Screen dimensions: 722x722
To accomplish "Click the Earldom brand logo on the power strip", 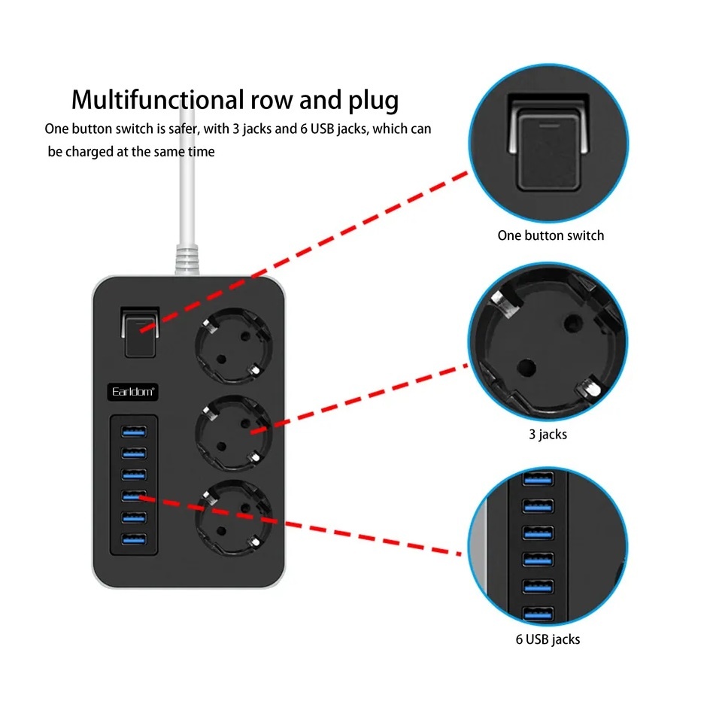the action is click(x=132, y=392).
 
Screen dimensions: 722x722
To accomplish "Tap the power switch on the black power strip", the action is click(x=140, y=332).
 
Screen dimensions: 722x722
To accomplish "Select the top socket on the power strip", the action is click(x=233, y=345).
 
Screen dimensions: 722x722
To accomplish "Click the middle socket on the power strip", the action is click(x=233, y=433).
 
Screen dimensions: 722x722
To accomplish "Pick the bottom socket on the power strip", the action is click(x=233, y=518).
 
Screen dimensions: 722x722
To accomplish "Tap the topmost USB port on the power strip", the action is click(x=134, y=431).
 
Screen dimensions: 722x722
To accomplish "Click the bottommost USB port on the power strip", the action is click(x=134, y=538).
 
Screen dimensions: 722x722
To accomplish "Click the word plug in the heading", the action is click(x=373, y=101).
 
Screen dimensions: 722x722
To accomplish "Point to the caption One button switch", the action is click(x=551, y=235).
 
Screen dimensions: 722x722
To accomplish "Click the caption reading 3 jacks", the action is click(x=548, y=434).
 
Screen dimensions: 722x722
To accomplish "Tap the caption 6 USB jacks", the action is click(x=548, y=639).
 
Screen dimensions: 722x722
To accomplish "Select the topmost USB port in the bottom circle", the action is click(x=538, y=479).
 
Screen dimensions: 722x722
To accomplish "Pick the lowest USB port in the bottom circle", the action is click(x=538, y=614).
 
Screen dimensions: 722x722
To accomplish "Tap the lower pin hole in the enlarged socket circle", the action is click(x=526, y=368).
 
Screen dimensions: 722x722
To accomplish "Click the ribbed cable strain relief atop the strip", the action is click(x=187, y=260).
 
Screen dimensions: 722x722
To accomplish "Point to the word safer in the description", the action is click(x=184, y=129).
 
